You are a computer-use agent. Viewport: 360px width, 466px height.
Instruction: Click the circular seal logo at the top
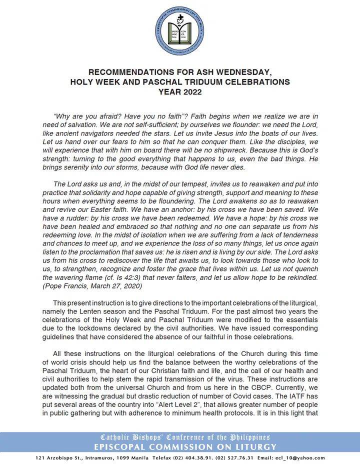point(179,31)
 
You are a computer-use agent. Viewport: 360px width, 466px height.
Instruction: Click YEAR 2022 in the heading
point(179,91)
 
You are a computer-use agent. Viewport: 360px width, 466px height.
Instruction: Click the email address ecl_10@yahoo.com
point(301,457)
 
